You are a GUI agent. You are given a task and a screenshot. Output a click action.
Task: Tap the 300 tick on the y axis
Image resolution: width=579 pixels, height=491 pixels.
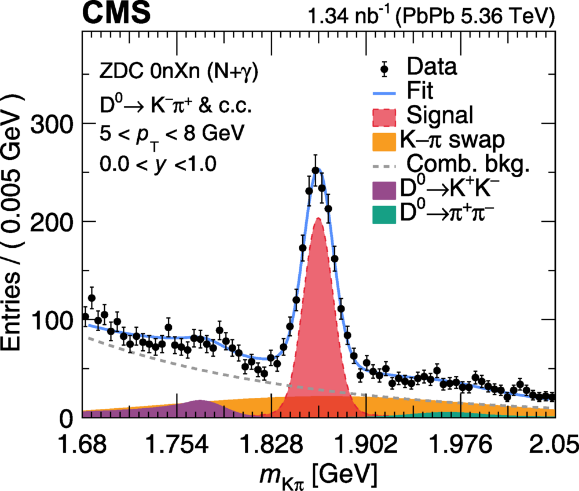pos(56,123)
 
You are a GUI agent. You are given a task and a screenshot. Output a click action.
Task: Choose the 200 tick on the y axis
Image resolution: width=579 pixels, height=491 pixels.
pos(56,222)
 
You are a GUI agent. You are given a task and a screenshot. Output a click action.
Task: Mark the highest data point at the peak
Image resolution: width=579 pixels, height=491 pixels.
pos(316,170)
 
